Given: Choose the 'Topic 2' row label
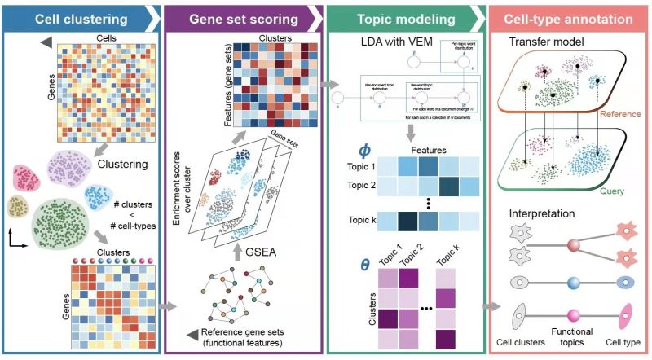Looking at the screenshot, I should coord(359,185).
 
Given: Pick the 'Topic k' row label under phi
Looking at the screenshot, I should coord(359,219).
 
